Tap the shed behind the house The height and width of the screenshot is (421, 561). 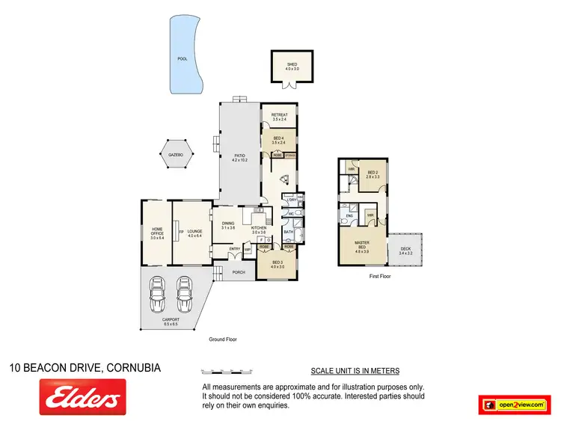pyautogui.click(x=292, y=67)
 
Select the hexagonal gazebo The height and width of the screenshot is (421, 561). pyautogui.click(x=176, y=156)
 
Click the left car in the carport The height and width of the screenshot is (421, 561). pyautogui.click(x=158, y=295)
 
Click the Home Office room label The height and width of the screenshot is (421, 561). pyautogui.click(x=157, y=233)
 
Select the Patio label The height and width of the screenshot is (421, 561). pyautogui.click(x=239, y=157)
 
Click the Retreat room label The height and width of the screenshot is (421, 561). pyautogui.click(x=280, y=117)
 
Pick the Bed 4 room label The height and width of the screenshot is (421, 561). pyautogui.click(x=278, y=141)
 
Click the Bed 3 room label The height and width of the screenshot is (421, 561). pyautogui.click(x=278, y=264)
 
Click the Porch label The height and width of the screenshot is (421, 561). pyautogui.click(x=239, y=272)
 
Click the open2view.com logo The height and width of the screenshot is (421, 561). pyautogui.click(x=515, y=403)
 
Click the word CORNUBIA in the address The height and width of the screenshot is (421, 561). pyautogui.click(x=134, y=367)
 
